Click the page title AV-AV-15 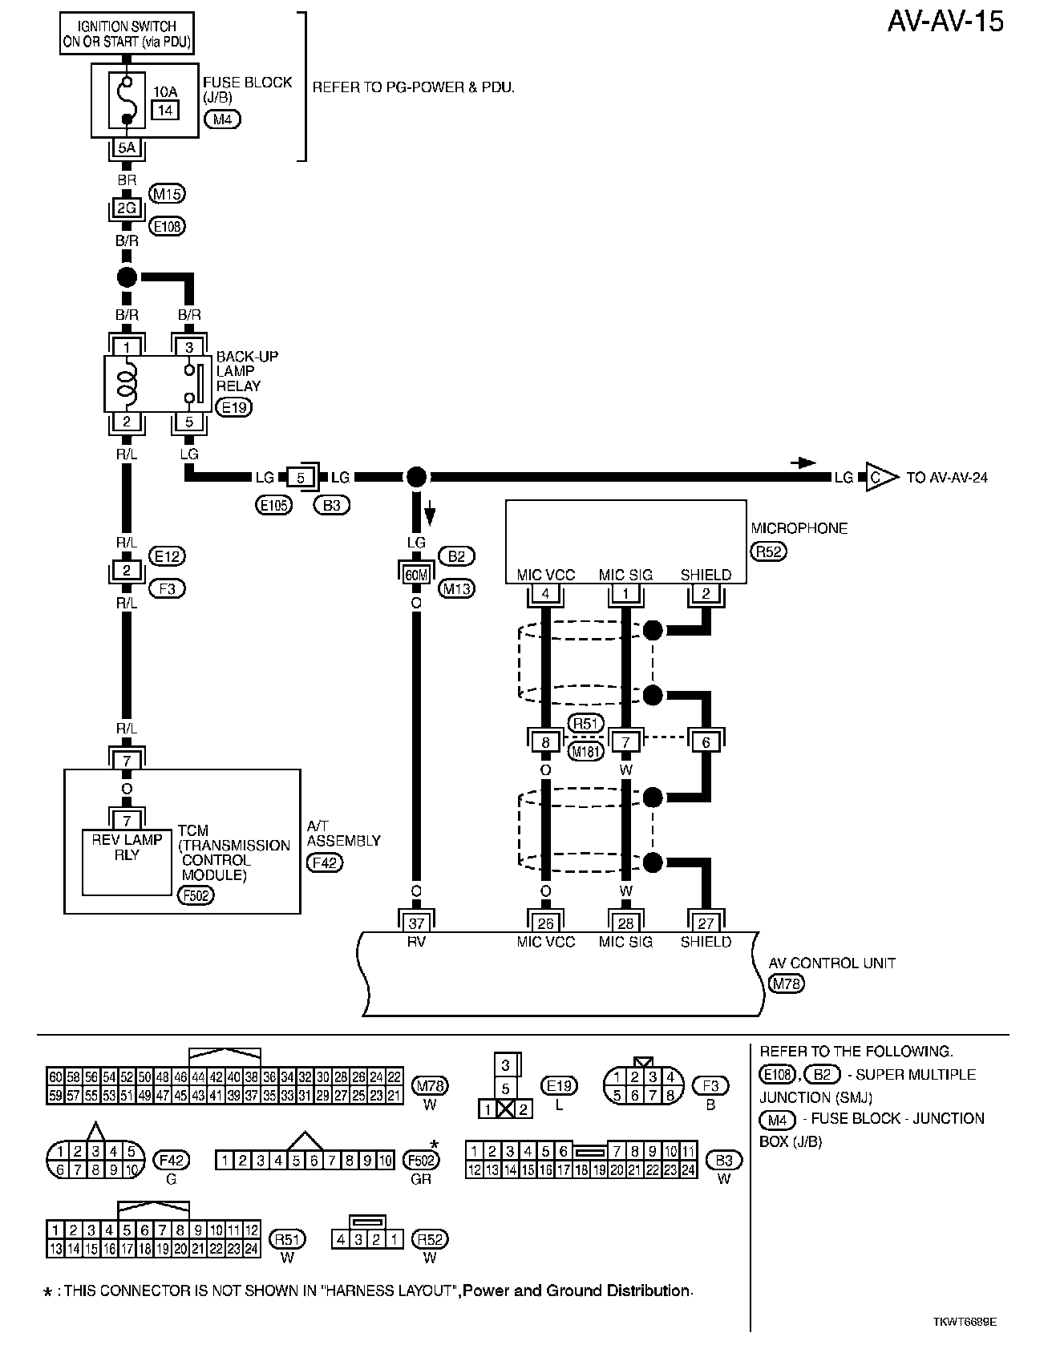click(x=945, y=22)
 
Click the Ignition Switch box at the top click(x=127, y=34)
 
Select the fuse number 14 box click(x=165, y=110)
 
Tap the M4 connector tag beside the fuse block click(x=222, y=120)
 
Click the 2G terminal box click(x=127, y=208)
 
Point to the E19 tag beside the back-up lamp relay click(x=234, y=407)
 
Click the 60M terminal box click(x=415, y=574)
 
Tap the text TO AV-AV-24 click(x=947, y=478)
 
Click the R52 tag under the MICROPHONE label click(x=768, y=551)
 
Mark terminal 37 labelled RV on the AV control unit click(x=415, y=924)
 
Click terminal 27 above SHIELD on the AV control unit click(x=706, y=924)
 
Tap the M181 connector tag click(x=585, y=752)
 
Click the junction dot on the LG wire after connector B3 click(x=415, y=478)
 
